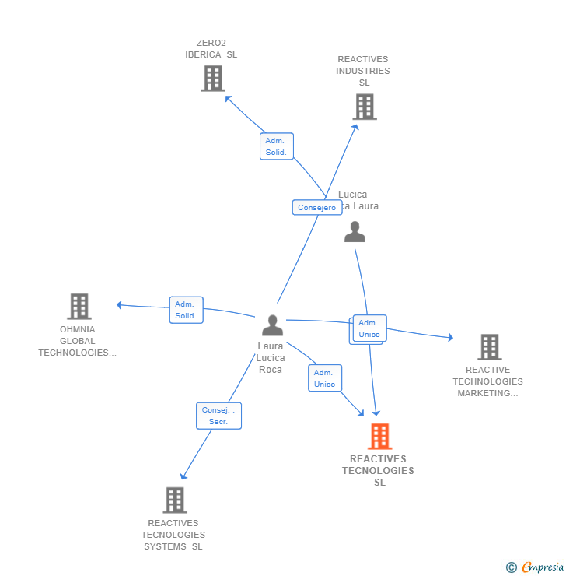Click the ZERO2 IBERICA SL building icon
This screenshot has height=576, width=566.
pos(213,79)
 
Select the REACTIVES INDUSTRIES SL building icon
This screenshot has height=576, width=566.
pos(364,107)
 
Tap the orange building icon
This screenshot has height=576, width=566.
pos(379,437)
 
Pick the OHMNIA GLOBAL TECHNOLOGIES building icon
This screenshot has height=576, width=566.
pos(79,307)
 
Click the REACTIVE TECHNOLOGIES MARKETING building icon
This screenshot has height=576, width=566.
pos(489,347)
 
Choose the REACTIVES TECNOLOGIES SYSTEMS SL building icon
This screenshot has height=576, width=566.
pos(175,500)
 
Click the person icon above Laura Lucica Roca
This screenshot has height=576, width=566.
pos(272,325)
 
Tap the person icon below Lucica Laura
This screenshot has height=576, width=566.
pos(355,232)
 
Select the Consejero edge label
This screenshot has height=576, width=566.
pos(317,208)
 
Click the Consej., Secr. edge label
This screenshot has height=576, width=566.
pos(218,416)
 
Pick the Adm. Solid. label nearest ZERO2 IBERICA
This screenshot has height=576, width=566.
pos(276,146)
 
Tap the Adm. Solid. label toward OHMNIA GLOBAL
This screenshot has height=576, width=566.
pos(186,310)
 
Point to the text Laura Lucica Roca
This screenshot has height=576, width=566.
pos(271,358)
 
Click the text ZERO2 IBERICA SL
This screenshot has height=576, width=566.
pos(211,49)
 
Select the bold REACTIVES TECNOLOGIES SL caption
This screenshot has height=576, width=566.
pos(379,471)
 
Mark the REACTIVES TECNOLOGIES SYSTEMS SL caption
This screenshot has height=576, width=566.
pos(173,535)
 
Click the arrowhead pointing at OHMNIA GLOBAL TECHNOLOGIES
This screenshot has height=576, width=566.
pos(119,304)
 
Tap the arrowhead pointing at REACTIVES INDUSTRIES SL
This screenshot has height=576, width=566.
pos(355,127)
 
